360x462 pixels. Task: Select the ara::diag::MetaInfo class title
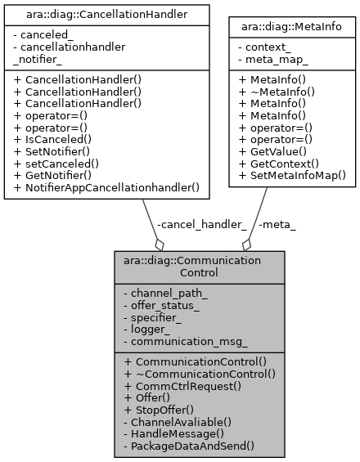coord(292,27)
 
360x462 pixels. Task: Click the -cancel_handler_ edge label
coord(200,224)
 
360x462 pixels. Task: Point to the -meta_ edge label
coord(276,224)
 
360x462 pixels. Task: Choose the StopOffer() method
coord(164,409)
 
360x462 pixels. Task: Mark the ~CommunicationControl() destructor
coord(200,373)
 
